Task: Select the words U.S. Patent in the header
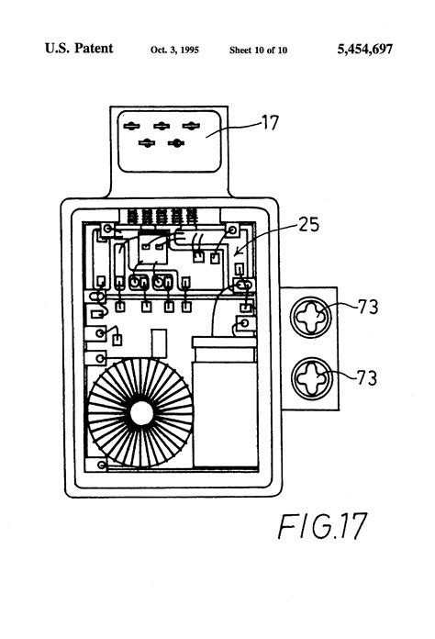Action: (78, 49)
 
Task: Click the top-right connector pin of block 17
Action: (190, 126)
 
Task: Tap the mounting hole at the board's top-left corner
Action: (108, 228)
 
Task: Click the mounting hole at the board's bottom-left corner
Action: (108, 465)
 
